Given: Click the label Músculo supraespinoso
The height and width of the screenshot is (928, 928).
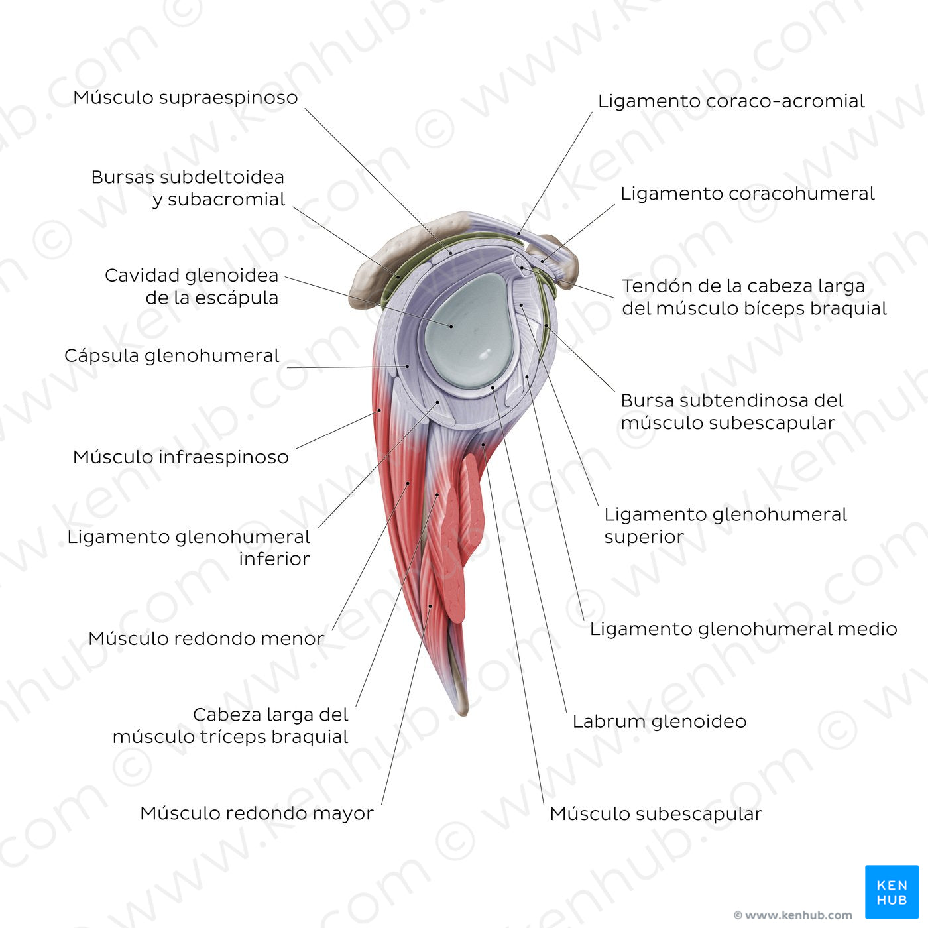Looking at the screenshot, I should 186,97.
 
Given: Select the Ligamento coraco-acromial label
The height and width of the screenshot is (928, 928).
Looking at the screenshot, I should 730,101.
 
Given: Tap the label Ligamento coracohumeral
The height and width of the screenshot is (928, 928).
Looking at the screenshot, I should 747,194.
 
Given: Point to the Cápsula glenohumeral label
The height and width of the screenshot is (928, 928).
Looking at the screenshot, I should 172,356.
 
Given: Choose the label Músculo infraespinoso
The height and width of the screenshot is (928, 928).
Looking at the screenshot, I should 180,457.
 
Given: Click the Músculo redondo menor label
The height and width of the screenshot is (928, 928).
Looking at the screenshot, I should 206,639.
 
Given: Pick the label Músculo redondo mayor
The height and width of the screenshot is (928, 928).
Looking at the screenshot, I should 257,813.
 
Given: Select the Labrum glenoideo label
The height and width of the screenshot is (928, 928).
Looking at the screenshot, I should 659,721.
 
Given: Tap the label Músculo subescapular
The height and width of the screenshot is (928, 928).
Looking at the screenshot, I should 656,813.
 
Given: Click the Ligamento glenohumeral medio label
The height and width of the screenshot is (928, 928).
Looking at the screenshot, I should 743,629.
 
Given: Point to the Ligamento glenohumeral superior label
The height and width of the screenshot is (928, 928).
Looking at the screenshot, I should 725,526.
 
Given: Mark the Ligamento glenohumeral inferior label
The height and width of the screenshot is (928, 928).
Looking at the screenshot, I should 189,548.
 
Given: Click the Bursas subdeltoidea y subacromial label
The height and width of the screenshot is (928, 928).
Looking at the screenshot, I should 188,188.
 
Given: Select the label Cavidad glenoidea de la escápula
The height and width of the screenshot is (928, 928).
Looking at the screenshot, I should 192,286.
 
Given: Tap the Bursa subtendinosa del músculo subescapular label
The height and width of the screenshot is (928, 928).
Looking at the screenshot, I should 731,412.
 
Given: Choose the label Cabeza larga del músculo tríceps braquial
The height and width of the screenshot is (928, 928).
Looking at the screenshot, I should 231,726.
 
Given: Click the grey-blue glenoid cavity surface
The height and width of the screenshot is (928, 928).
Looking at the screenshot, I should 467,331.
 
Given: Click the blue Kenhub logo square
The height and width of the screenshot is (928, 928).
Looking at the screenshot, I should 892,892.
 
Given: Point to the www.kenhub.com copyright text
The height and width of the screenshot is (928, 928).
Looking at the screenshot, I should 793,915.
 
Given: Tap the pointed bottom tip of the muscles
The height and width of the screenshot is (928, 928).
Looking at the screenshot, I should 462,712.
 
